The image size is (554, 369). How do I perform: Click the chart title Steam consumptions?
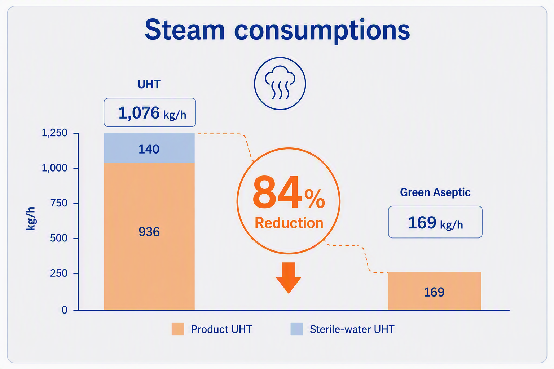pyautogui.click(x=277, y=31)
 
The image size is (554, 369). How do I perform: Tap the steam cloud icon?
pyautogui.click(x=280, y=83)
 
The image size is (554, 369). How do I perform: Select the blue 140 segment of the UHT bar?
pyautogui.click(x=149, y=148)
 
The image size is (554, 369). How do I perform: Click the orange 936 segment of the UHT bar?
pyautogui.click(x=149, y=236)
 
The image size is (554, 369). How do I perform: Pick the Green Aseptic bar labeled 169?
pyautogui.click(x=435, y=291)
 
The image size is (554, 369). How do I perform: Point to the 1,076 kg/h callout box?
pyautogui.click(x=150, y=112)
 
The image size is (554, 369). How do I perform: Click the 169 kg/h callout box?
pyautogui.click(x=435, y=222)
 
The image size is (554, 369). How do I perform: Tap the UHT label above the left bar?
pyautogui.click(x=149, y=84)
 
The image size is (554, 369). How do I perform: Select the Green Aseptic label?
pyautogui.click(x=435, y=192)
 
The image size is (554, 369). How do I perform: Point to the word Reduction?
pyautogui.click(x=289, y=223)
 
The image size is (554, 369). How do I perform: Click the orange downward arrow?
pyautogui.click(x=289, y=278)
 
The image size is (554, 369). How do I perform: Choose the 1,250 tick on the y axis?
pyautogui.click(x=54, y=133)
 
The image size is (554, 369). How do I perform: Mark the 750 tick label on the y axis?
pyautogui.click(x=59, y=203)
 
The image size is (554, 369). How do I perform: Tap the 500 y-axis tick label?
pyautogui.click(x=59, y=238)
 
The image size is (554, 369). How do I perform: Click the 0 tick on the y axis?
pyautogui.click(x=65, y=310)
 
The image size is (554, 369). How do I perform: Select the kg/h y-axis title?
pyautogui.click(x=31, y=219)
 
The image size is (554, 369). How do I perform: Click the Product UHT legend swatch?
pyautogui.click(x=178, y=329)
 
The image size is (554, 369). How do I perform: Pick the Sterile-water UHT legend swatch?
pyautogui.click(x=297, y=329)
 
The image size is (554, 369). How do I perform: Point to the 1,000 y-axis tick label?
pyautogui.click(x=54, y=168)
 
